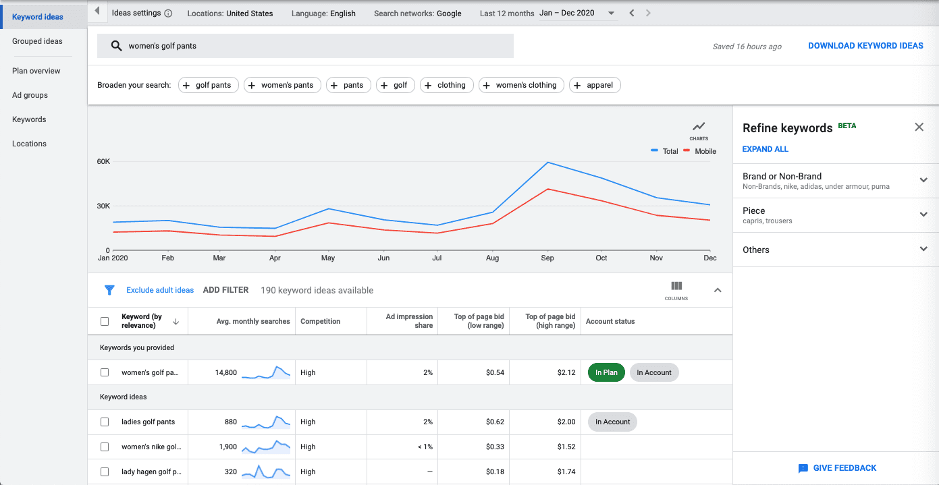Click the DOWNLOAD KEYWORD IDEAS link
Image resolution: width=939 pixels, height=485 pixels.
[865, 46]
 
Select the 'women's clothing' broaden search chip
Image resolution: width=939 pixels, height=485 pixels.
[521, 85]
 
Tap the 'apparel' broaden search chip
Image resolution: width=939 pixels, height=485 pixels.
[595, 85]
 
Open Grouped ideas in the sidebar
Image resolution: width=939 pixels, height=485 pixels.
[37, 41]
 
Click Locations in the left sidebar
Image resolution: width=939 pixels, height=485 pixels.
[29, 144]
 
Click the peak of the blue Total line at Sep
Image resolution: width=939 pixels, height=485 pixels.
[547, 163]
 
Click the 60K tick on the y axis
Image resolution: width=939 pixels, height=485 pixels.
[103, 161]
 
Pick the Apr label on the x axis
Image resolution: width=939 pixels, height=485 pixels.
[275, 258]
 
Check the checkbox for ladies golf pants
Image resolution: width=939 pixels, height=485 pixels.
[105, 422]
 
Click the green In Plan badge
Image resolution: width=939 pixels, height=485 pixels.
[606, 372]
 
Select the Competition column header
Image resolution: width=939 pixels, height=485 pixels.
[321, 321]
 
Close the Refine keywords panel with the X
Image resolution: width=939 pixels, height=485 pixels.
[919, 127]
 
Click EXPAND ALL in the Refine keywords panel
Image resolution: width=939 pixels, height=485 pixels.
[766, 149]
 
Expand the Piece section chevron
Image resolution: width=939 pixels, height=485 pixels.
[923, 215]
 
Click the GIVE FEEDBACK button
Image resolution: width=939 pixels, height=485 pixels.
[837, 468]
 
